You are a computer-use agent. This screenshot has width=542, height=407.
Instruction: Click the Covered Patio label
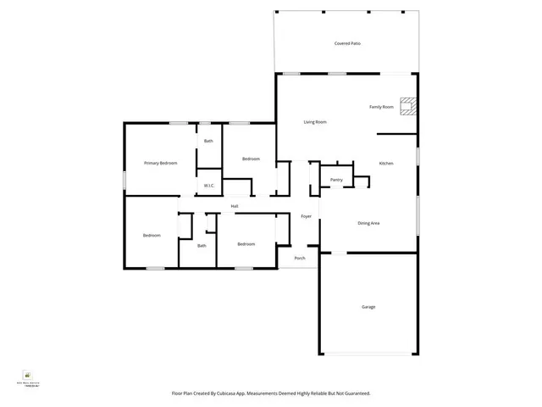348,42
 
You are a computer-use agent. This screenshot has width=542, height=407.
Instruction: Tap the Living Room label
315,122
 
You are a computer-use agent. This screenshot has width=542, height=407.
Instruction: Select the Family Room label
381,107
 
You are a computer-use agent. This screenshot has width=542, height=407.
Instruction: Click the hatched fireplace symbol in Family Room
409,106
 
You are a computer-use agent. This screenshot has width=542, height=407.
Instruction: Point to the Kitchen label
386,163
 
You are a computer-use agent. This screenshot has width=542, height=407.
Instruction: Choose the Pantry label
336,180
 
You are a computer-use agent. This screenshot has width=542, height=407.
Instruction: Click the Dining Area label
368,223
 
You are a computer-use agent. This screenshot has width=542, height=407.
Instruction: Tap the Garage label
368,307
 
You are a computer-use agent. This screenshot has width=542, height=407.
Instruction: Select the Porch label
300,258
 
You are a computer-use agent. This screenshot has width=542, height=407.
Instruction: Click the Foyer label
307,217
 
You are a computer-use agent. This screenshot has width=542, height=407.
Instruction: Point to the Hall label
235,206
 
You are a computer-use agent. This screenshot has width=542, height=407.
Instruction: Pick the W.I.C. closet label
208,185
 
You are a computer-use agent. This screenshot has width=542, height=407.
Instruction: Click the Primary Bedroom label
160,163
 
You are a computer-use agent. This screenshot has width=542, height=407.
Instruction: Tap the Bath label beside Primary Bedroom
208,141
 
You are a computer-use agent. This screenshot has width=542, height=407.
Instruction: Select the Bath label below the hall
202,246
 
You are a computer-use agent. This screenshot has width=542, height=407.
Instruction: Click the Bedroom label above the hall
251,159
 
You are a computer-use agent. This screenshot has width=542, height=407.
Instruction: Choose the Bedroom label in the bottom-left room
152,235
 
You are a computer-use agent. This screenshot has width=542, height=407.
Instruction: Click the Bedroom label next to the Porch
246,244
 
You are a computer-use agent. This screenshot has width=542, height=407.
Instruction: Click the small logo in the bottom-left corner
27,374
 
